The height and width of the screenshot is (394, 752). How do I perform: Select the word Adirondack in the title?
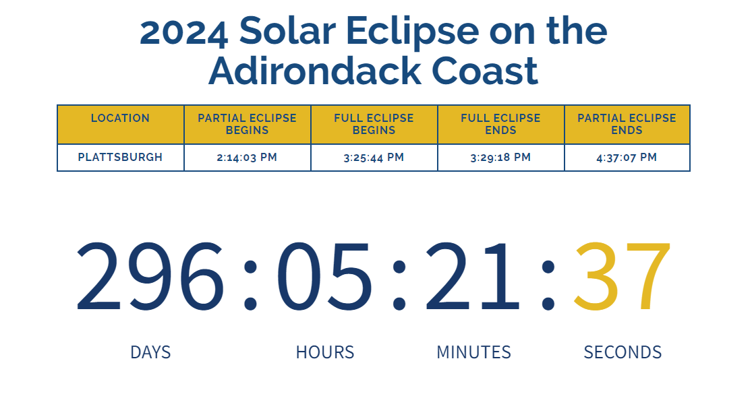316,70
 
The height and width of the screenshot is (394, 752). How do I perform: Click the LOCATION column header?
120,119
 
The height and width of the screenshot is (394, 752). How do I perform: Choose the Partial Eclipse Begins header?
247,124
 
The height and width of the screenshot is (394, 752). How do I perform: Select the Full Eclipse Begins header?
374,124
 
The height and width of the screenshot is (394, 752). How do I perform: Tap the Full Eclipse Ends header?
500,124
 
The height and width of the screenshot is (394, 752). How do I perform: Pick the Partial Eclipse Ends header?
627,124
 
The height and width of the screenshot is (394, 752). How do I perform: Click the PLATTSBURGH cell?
120,158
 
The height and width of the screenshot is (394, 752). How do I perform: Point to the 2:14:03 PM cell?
247,158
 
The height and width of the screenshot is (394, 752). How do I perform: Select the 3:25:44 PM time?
374,158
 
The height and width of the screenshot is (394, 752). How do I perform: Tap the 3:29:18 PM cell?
500,158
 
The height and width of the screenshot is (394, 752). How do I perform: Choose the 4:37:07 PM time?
627,158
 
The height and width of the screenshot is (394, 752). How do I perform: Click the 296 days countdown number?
150,276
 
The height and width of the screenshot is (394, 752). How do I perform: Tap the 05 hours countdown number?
324,276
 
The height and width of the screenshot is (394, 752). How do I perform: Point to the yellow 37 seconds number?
622,276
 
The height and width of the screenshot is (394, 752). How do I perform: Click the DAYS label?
150,352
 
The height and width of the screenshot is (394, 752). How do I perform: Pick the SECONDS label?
623,352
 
